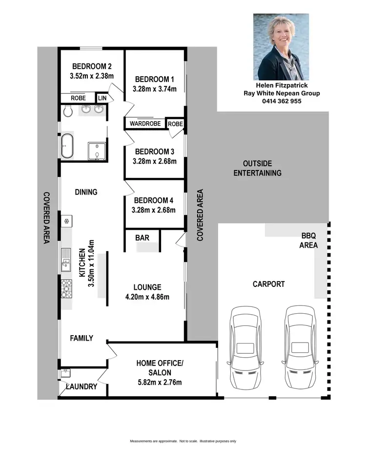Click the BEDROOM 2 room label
(93, 66)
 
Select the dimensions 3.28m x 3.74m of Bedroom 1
(154, 89)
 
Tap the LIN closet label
(102, 98)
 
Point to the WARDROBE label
(145, 124)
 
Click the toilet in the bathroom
(68, 112)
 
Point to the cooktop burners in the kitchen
(66, 288)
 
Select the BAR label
(142, 238)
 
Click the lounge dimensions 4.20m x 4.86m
(147, 297)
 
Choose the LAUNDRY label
(81, 387)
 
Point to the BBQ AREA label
(308, 240)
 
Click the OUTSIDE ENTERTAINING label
(257, 168)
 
